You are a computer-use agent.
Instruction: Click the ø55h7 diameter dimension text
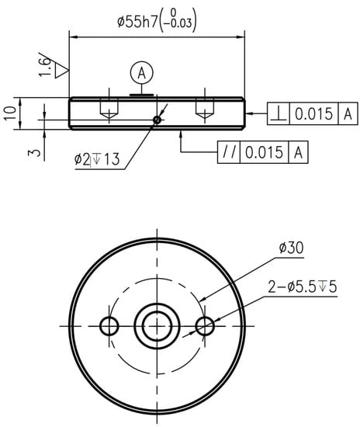pyautogui.click(x=157, y=21)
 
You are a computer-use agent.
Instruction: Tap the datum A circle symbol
pyautogui.click(x=141, y=73)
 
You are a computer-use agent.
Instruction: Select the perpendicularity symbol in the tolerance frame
pyautogui.click(x=279, y=113)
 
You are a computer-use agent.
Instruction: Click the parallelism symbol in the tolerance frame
pyautogui.click(x=229, y=152)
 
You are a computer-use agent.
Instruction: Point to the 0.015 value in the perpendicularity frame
pyautogui.click(x=313, y=113)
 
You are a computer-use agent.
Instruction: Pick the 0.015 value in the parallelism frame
pyautogui.click(x=264, y=152)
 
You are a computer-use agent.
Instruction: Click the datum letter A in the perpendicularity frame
pyautogui.click(x=348, y=113)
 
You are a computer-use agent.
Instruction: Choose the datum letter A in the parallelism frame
pyautogui.click(x=298, y=152)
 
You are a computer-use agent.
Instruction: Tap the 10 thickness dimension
pyautogui.click(x=10, y=113)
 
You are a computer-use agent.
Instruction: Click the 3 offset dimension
pyautogui.click(x=34, y=152)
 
